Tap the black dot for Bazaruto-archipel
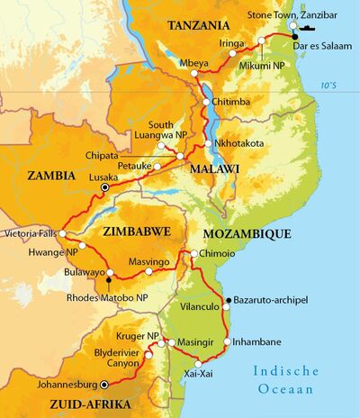click(x=228, y=299)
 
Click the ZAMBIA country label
click(x=52, y=176)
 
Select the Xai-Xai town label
click(x=199, y=373)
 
